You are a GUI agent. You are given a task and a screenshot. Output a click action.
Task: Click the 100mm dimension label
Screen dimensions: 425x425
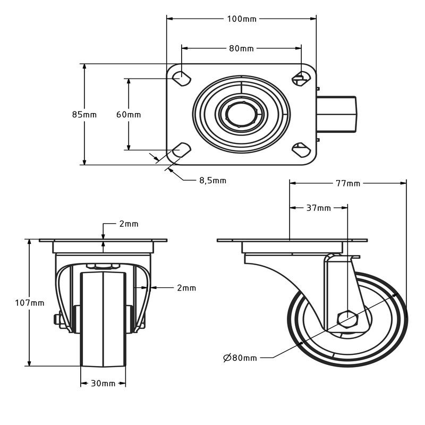click(x=242, y=19)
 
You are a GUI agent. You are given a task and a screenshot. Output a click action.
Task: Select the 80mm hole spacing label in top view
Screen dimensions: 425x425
click(x=242, y=48)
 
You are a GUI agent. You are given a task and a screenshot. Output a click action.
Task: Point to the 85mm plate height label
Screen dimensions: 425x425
click(x=84, y=114)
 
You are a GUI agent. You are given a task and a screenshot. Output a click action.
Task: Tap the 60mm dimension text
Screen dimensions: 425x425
click(x=129, y=114)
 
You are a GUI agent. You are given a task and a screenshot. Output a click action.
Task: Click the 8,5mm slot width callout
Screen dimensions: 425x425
click(x=212, y=181)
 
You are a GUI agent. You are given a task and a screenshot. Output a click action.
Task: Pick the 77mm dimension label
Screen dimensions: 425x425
click(x=348, y=184)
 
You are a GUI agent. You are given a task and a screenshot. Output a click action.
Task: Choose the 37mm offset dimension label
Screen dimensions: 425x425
click(x=319, y=208)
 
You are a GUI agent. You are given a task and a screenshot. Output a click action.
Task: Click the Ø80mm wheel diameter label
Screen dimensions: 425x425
click(x=240, y=358)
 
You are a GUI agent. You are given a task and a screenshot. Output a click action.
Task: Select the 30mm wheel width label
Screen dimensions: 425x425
click(x=103, y=384)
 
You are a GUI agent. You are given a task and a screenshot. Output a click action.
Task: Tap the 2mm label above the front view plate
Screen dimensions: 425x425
click(x=129, y=224)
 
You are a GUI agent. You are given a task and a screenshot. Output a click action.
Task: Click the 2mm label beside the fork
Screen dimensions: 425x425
click(x=186, y=288)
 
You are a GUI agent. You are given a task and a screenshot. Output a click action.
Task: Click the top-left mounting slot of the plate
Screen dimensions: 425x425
click(x=182, y=77)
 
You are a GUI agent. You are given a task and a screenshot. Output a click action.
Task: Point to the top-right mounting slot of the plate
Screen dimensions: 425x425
click(x=301, y=77)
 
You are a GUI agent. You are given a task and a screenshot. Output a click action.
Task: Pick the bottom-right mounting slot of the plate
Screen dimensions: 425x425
click(x=301, y=150)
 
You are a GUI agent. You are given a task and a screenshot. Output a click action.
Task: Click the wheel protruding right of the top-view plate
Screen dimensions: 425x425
click(x=337, y=114)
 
